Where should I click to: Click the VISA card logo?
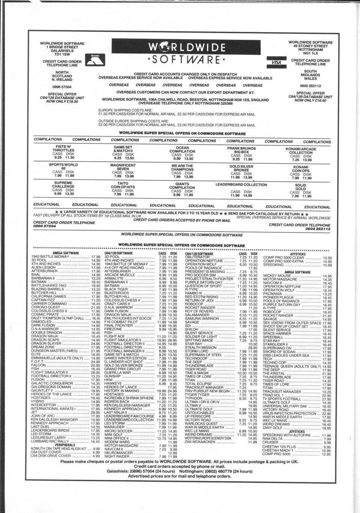point(276,62)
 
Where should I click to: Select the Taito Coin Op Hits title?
point(123,185)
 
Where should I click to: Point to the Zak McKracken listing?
point(200,442)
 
